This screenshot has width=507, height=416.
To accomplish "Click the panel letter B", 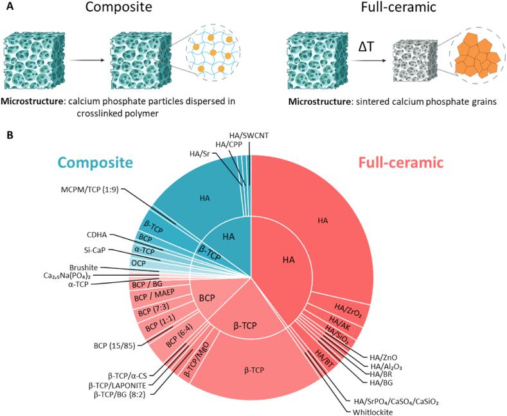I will (x=8, y=136).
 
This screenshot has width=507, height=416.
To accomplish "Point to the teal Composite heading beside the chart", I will (x=100, y=163).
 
